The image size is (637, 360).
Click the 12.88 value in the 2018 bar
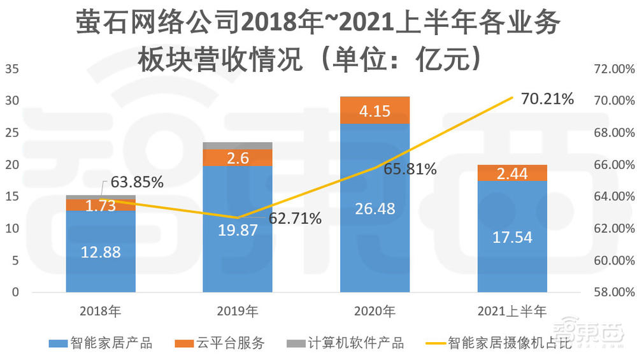click(x=101, y=252)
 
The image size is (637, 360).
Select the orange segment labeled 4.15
click(x=375, y=110)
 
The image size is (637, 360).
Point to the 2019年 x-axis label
click(x=238, y=312)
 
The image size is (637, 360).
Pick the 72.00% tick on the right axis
click(x=609, y=69)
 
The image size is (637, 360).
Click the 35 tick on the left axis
click(x=13, y=69)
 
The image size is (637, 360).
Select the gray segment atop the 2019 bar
click(x=238, y=146)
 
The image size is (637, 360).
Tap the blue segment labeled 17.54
click(x=512, y=237)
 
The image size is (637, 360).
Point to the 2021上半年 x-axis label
click(x=512, y=312)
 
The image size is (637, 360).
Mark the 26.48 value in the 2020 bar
click(x=375, y=208)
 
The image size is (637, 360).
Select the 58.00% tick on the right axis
click(x=609, y=292)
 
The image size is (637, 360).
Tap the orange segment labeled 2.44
click(x=512, y=173)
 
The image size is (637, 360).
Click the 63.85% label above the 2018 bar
click(x=137, y=182)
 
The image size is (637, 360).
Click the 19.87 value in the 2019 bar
click(x=238, y=230)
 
